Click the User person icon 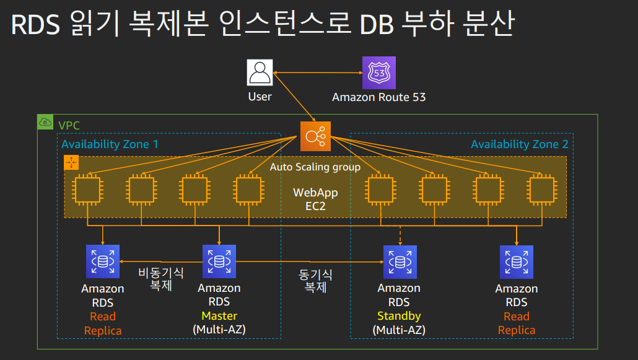pos(260,72)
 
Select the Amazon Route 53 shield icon pos(379,72)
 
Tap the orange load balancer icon pos(316,136)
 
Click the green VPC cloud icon pos(46,122)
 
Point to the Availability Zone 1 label pos(110,144)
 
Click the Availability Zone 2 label pos(519,144)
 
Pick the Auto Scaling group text pos(315,167)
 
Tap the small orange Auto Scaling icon pos(72,163)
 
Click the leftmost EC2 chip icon pos(87,190)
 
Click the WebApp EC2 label pos(315,200)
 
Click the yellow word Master pos(219,316)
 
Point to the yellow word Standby pos(399,316)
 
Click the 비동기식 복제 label pos(161,279)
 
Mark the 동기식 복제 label pos(316,281)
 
